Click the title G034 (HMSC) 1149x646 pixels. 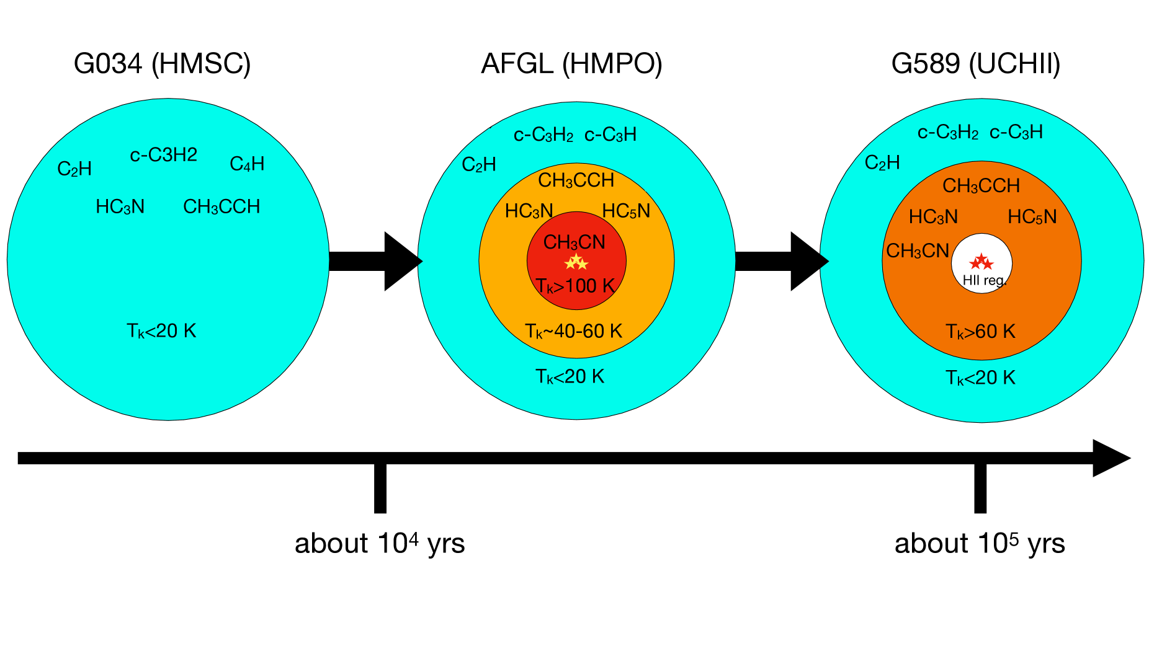162,64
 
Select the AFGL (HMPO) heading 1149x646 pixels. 571,64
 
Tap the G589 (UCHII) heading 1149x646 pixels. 975,64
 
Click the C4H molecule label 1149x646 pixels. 247,164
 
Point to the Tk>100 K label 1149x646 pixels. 575,286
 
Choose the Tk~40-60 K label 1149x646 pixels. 573,331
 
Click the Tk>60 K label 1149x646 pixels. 980,332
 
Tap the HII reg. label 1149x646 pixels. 983,280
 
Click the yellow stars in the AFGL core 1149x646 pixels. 576,262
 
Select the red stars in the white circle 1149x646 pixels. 981,262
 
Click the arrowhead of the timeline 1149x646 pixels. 1111,458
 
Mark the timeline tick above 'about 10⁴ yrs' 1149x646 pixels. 380,488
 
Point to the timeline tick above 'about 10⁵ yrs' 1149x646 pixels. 980,488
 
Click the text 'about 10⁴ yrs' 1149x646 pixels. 380,544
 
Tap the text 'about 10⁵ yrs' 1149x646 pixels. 980,544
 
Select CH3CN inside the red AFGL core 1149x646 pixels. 574,242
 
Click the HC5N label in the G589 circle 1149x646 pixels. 1032,217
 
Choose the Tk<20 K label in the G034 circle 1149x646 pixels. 161,331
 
